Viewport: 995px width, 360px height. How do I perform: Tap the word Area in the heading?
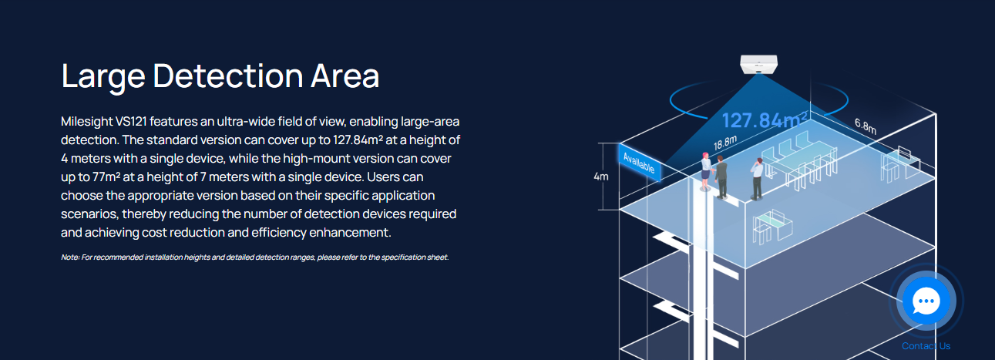click(x=345, y=77)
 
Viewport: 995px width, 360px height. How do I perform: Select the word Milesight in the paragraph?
click(x=86, y=123)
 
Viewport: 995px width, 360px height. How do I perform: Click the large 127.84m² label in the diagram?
click(x=765, y=121)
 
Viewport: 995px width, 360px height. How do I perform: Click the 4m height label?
click(x=601, y=177)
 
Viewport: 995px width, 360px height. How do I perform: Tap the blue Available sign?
click(x=640, y=163)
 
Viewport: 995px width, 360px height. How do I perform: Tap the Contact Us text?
click(x=926, y=346)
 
